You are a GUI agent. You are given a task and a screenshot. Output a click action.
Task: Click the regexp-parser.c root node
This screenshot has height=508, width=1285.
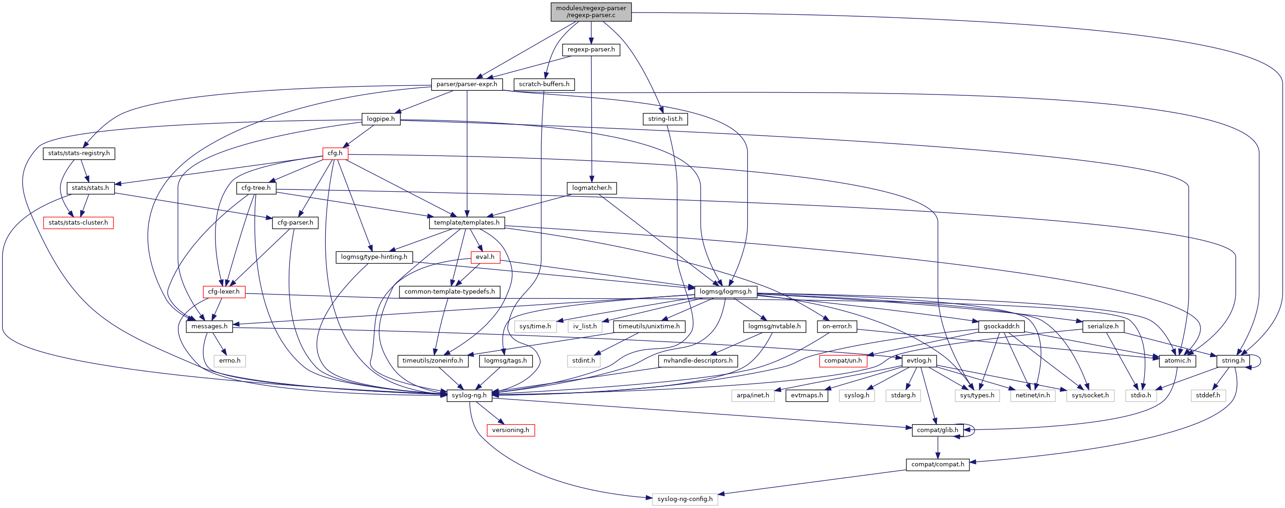[591, 12]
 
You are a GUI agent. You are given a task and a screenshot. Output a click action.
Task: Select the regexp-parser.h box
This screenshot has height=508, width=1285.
[591, 50]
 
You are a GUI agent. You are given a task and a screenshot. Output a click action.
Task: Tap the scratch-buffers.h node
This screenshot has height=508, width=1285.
[544, 84]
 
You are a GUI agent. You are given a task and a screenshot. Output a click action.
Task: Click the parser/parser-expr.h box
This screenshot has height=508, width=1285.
[467, 84]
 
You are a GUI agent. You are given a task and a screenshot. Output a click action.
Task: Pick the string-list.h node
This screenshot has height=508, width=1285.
[665, 119]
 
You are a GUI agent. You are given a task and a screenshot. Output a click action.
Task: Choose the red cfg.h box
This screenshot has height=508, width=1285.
[335, 153]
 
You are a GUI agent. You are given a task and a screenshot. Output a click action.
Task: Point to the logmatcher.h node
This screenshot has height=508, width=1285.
[592, 188]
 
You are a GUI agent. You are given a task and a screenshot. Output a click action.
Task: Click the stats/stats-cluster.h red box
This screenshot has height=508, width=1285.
[78, 222]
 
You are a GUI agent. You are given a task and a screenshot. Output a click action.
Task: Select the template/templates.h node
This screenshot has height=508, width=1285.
[467, 222]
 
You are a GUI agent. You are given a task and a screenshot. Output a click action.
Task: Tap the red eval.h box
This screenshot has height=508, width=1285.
[485, 257]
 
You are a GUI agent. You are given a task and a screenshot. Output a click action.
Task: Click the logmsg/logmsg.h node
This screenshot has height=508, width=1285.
[725, 292]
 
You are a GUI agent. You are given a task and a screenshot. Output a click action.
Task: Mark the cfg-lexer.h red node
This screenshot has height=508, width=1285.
[223, 292]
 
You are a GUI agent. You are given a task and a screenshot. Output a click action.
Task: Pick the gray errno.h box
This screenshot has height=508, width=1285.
[229, 360]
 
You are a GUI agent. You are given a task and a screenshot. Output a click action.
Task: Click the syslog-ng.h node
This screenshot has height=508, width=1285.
[469, 395]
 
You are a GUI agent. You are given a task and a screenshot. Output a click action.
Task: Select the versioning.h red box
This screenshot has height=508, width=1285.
[510, 430]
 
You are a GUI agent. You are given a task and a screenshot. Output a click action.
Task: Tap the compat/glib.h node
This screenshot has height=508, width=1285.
[937, 430]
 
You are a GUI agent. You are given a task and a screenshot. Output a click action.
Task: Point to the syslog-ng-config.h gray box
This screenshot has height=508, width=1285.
[685, 499]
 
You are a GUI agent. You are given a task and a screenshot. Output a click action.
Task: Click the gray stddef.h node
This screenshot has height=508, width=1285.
[1208, 395]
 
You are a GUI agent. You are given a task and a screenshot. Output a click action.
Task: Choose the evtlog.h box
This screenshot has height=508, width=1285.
[919, 360]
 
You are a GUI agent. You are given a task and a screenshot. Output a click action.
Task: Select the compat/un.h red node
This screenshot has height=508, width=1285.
[842, 360]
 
